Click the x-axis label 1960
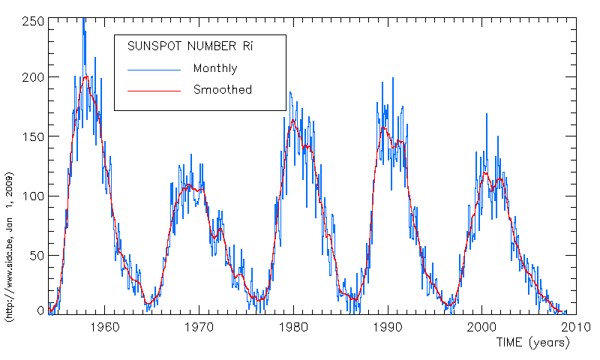click(x=105, y=327)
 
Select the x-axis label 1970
click(x=199, y=327)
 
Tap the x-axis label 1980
click(x=294, y=327)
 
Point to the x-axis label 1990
click(x=388, y=327)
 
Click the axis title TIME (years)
click(x=533, y=343)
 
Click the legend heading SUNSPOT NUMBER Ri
click(x=190, y=47)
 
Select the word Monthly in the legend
click(x=215, y=69)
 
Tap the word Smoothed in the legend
click(x=223, y=90)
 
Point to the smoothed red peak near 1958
click(x=86, y=76)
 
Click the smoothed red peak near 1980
click(x=293, y=121)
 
